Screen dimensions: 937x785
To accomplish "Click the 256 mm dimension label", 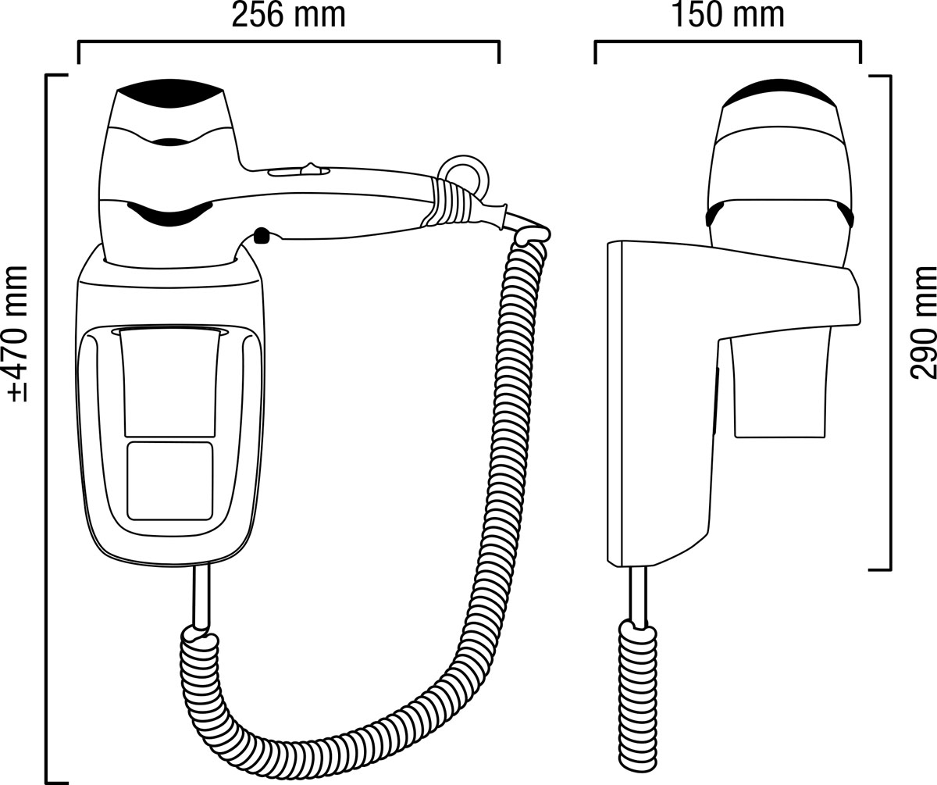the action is (x=289, y=16).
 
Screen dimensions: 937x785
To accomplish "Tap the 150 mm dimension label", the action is (x=728, y=16).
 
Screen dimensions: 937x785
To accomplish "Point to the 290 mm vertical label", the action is (x=924, y=323).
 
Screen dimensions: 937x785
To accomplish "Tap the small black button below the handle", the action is (x=261, y=235).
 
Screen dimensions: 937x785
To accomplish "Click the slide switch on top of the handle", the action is (x=299, y=170).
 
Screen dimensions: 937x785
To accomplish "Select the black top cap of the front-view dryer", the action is (x=169, y=94).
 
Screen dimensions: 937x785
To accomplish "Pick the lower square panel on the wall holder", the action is (x=170, y=480).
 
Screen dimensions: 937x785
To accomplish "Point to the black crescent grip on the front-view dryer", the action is (x=169, y=214).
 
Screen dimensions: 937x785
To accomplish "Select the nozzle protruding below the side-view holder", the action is (x=782, y=387).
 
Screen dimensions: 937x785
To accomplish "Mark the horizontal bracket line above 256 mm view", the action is (x=289, y=41).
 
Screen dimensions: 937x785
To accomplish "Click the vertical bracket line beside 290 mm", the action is (x=889, y=323).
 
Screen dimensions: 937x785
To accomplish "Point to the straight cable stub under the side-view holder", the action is (x=638, y=597).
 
